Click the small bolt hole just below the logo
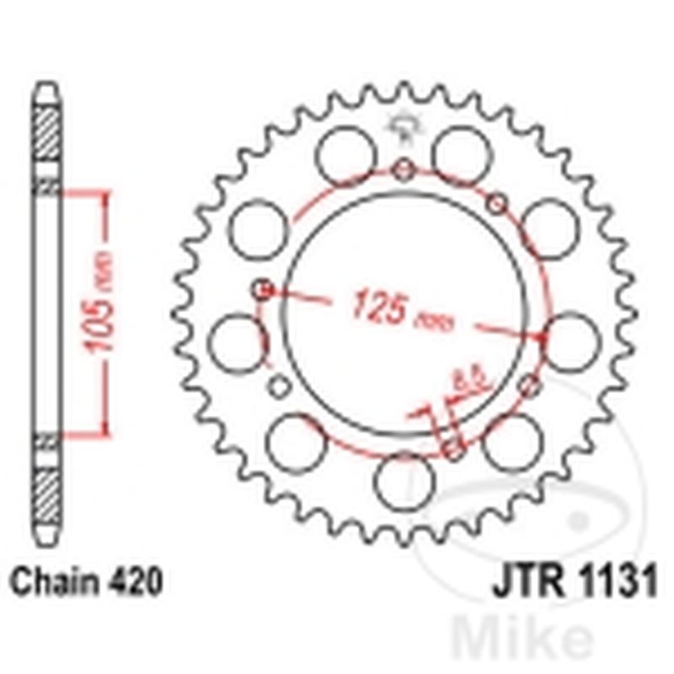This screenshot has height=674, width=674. [405, 172]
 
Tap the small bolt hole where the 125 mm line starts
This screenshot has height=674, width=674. [263, 291]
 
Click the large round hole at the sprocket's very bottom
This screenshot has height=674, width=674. [404, 481]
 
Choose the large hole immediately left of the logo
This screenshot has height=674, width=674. [346, 154]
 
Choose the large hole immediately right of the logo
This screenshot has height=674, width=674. [462, 154]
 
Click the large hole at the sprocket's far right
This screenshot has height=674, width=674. [573, 341]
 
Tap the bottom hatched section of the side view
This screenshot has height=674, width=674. [47, 494]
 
